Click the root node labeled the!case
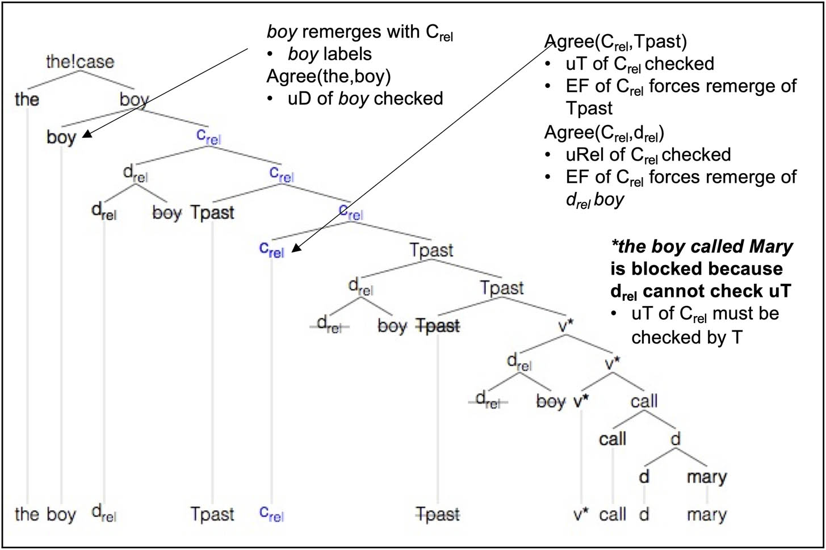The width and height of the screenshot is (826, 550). (80, 61)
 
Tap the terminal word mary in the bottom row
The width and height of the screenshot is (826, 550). (706, 515)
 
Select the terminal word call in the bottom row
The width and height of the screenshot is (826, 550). (613, 515)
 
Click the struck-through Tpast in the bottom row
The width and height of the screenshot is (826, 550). (438, 515)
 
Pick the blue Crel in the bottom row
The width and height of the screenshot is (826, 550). (271, 514)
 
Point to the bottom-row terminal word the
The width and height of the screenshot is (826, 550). (27, 515)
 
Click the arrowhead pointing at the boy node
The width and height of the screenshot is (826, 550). (86, 135)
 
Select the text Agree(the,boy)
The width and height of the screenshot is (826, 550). (328, 76)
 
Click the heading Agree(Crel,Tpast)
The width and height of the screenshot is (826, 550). (615, 41)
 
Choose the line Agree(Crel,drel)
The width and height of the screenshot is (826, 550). (604, 132)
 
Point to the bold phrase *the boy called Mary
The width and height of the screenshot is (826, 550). (702, 246)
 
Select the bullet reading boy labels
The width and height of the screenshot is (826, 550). (330, 54)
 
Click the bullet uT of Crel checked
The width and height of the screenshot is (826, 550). (640, 64)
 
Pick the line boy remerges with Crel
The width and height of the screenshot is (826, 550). (359, 32)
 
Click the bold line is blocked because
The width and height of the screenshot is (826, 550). (696, 268)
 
